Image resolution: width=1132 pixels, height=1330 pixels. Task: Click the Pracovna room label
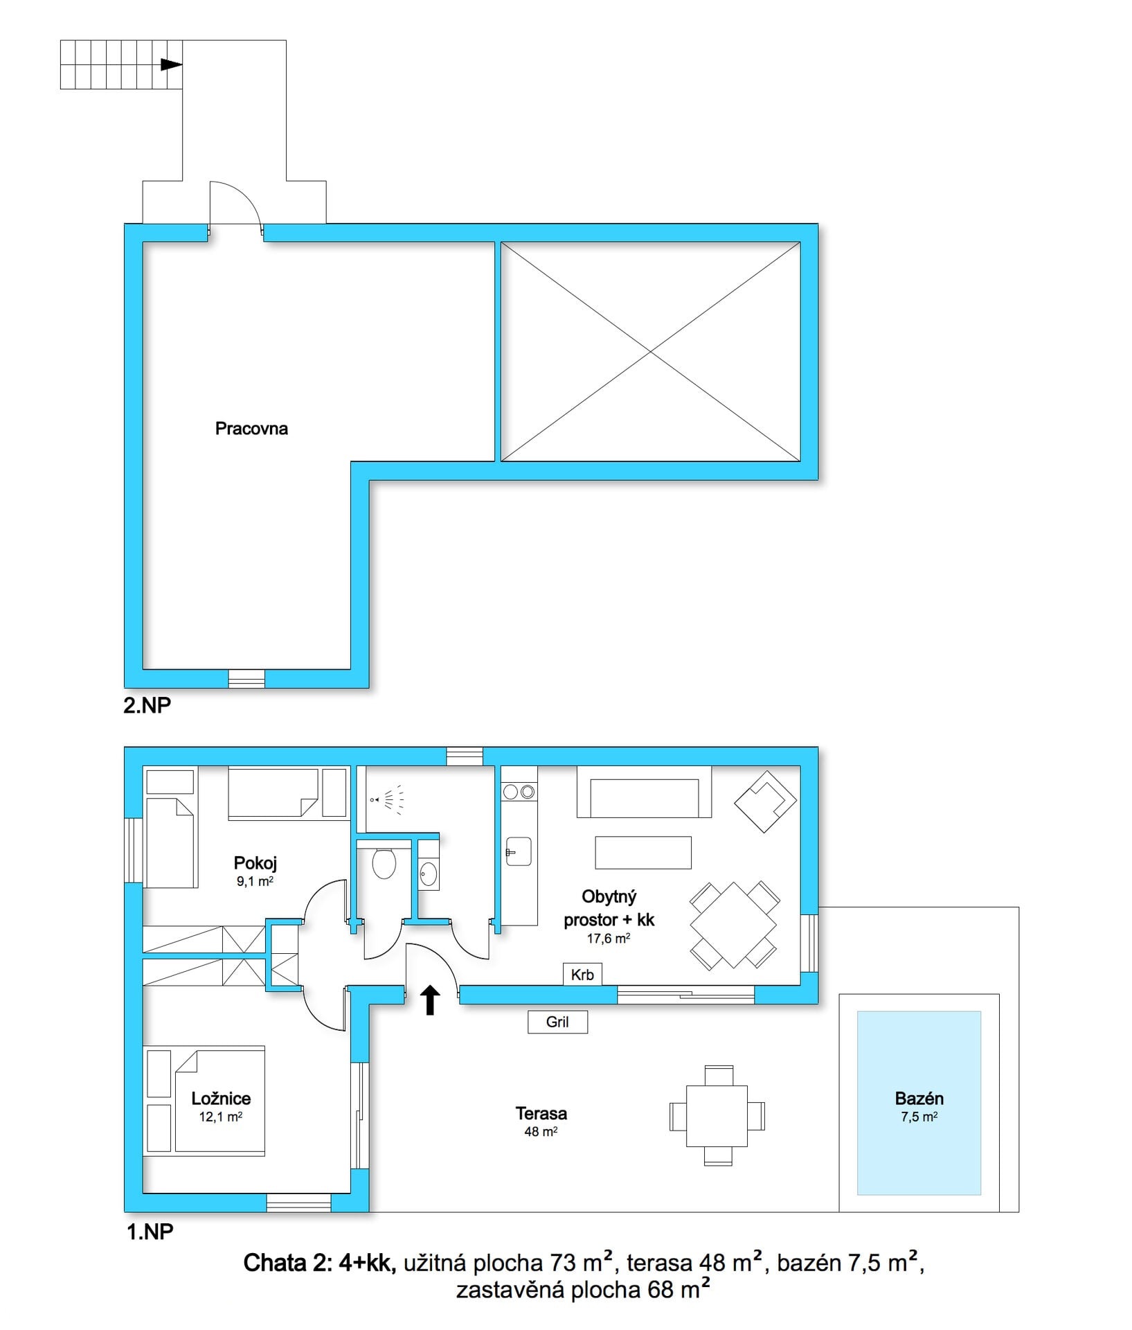click(x=251, y=429)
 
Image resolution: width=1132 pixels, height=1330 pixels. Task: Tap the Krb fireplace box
click(x=582, y=975)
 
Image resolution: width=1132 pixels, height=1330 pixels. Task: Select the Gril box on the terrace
click(x=557, y=1022)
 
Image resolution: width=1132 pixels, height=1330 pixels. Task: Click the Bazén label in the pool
click(x=919, y=1099)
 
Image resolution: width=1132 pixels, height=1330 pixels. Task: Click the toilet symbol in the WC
click(x=384, y=864)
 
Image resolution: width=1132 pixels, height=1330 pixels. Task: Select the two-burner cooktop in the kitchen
click(x=519, y=791)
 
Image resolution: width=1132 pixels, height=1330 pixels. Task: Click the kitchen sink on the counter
click(x=518, y=851)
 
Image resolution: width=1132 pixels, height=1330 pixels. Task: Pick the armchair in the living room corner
click(x=765, y=801)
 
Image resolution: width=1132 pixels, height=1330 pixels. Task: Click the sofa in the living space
click(x=644, y=792)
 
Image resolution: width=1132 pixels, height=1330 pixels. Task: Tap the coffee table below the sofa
click(x=643, y=853)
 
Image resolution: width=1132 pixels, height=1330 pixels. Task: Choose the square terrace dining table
click(x=717, y=1116)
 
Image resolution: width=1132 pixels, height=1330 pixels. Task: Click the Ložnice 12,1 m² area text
click(x=221, y=1106)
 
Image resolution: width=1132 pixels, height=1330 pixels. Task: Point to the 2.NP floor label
click(x=147, y=705)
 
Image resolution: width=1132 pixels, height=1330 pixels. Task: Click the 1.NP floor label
click(x=150, y=1232)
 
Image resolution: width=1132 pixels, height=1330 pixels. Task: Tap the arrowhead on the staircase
click(x=172, y=64)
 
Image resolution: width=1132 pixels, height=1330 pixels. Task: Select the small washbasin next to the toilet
click(x=428, y=874)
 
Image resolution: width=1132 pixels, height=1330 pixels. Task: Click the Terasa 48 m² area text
click(x=541, y=1121)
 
